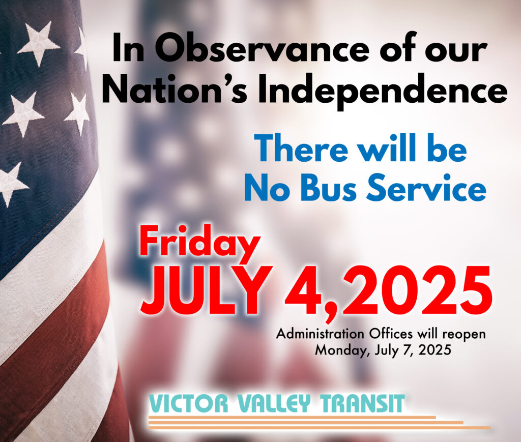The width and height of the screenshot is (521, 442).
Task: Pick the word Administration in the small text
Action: (x=320, y=334)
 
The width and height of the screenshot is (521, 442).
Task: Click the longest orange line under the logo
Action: (x=320, y=427)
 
